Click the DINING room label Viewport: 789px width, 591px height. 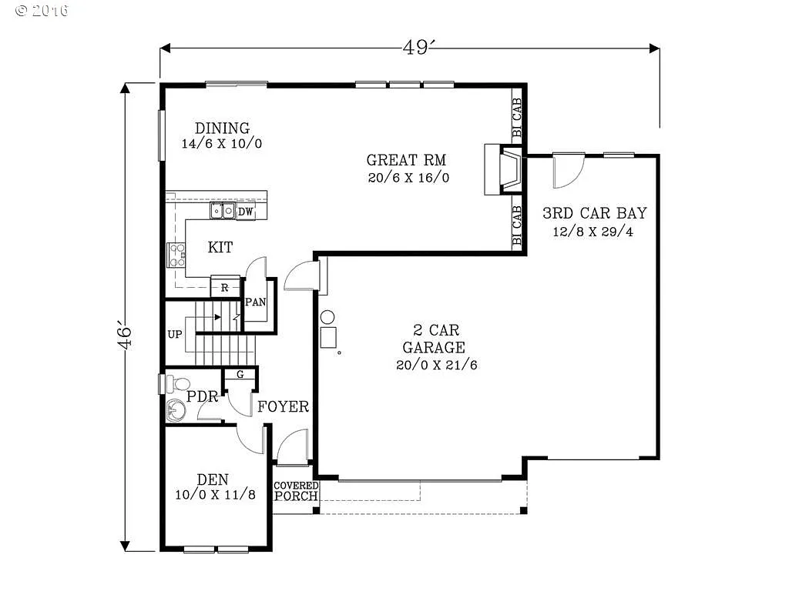point(222,129)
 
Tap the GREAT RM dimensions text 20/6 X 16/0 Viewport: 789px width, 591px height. point(408,178)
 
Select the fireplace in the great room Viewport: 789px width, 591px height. point(502,169)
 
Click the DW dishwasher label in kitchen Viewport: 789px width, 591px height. point(245,212)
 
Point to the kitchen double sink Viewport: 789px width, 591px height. point(223,211)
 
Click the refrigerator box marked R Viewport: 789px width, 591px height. point(224,288)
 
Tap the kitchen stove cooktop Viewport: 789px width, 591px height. point(176,255)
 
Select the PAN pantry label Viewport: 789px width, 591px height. point(255,302)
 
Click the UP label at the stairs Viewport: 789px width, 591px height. point(175,336)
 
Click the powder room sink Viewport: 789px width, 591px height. point(175,412)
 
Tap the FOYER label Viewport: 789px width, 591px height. point(283,407)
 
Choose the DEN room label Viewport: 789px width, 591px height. point(212,479)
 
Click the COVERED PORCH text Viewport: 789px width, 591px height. point(296,491)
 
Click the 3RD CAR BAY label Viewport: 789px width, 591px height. point(594,213)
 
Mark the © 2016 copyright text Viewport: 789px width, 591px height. point(42,11)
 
